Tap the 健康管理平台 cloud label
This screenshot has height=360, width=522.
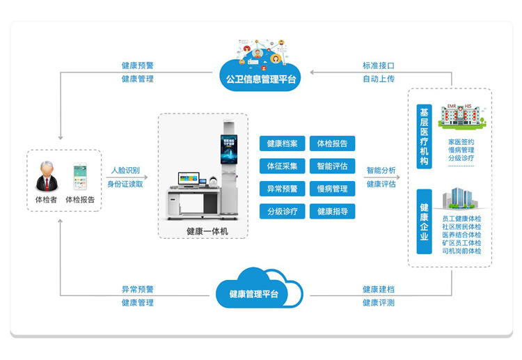click(254, 294)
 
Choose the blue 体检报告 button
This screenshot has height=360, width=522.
click(332, 144)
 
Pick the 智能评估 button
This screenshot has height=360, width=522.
click(332, 166)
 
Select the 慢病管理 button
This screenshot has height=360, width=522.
click(332, 189)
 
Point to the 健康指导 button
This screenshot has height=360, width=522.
click(332, 211)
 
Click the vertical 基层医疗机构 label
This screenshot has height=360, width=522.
click(424, 136)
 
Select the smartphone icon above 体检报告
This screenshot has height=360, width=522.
click(81, 176)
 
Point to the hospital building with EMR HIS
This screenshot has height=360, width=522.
click(462, 115)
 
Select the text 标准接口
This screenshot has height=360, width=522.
click(379, 65)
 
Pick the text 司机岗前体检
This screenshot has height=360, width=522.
click(461, 251)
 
